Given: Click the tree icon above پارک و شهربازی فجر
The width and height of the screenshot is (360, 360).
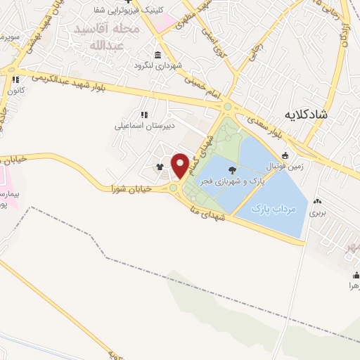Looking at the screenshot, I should tap(233, 169).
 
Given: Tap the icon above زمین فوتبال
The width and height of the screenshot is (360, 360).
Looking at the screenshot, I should tap(285, 156).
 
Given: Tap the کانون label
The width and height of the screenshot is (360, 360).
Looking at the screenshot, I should tap(16, 91).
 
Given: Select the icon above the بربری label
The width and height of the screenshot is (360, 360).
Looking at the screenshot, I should tap(319, 200).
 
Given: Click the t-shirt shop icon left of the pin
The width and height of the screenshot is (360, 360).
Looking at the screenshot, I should tap(160, 167).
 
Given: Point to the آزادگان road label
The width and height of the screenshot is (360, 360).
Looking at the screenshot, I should tap(345, 32).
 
